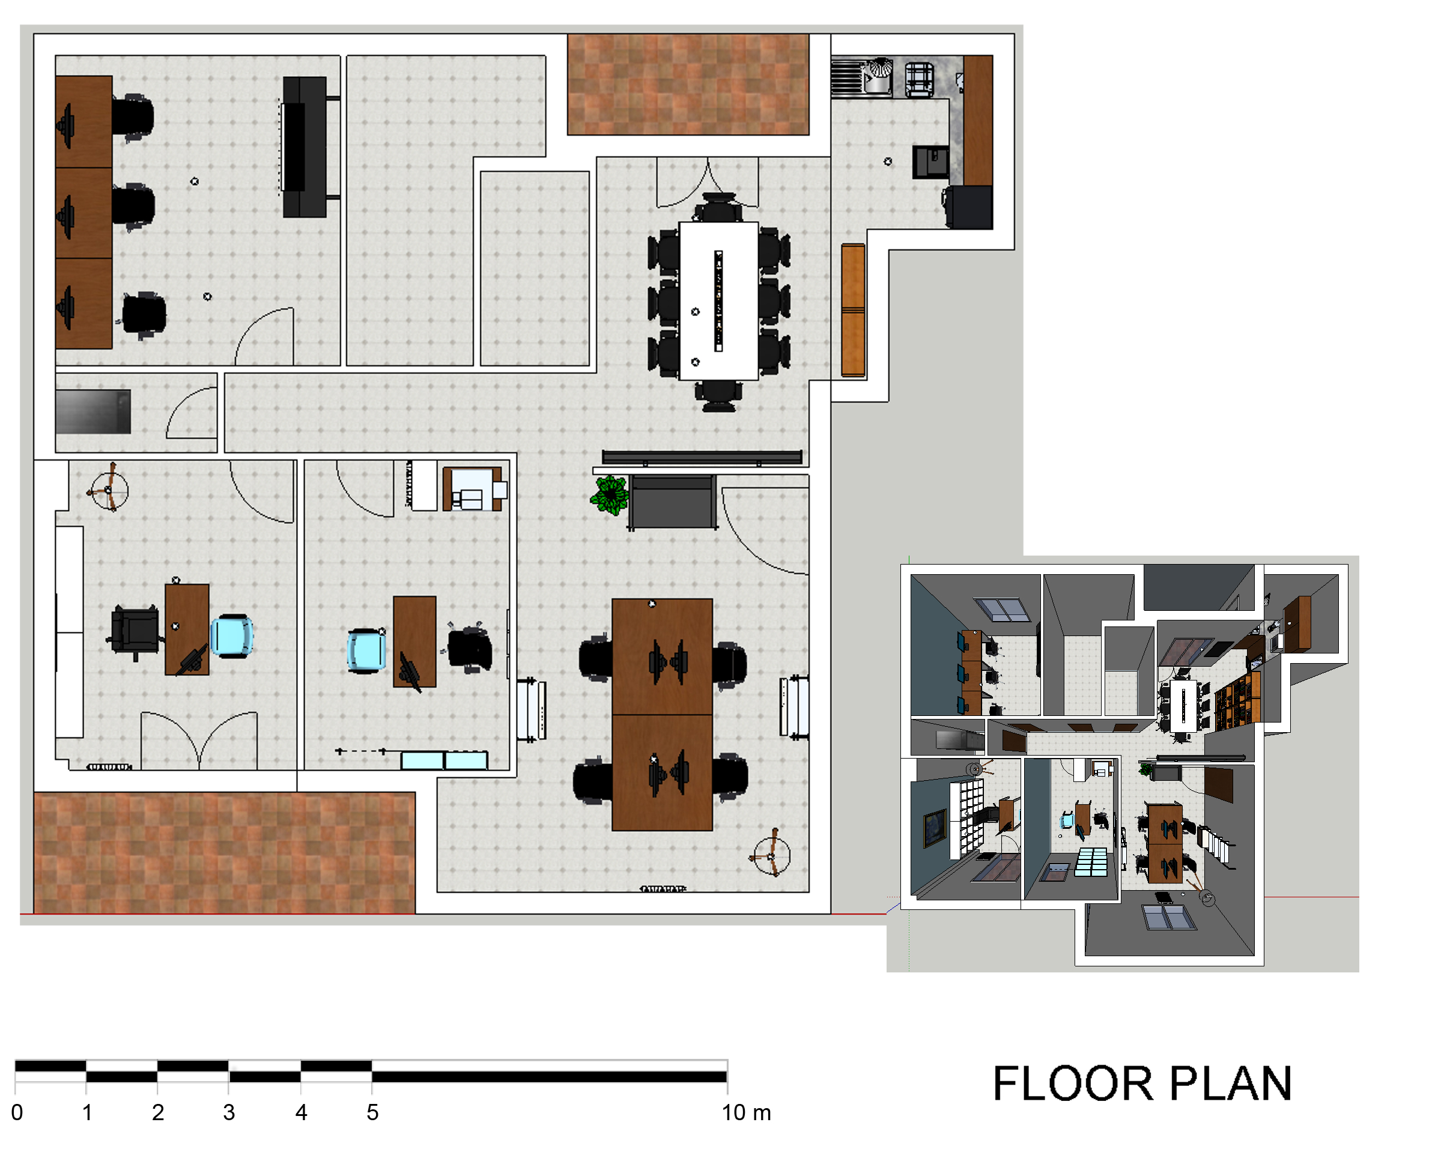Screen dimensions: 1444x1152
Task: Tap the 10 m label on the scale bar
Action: (746, 1112)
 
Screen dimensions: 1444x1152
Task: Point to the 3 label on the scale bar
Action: (229, 1112)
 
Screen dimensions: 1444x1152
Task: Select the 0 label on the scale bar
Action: (17, 1112)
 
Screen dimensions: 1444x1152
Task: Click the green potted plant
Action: (610, 495)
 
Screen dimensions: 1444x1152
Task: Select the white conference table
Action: (718, 301)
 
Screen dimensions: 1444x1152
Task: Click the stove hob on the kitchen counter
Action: (919, 77)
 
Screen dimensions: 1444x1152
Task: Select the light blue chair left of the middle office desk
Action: (366, 650)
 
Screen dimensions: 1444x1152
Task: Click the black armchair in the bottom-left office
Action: (135, 630)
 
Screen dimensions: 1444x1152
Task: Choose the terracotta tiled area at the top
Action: (688, 85)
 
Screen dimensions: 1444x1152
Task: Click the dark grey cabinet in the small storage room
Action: (93, 411)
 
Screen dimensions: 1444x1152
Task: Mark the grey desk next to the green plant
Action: (672, 502)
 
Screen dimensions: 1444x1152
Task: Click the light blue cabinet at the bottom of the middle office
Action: (444, 760)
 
